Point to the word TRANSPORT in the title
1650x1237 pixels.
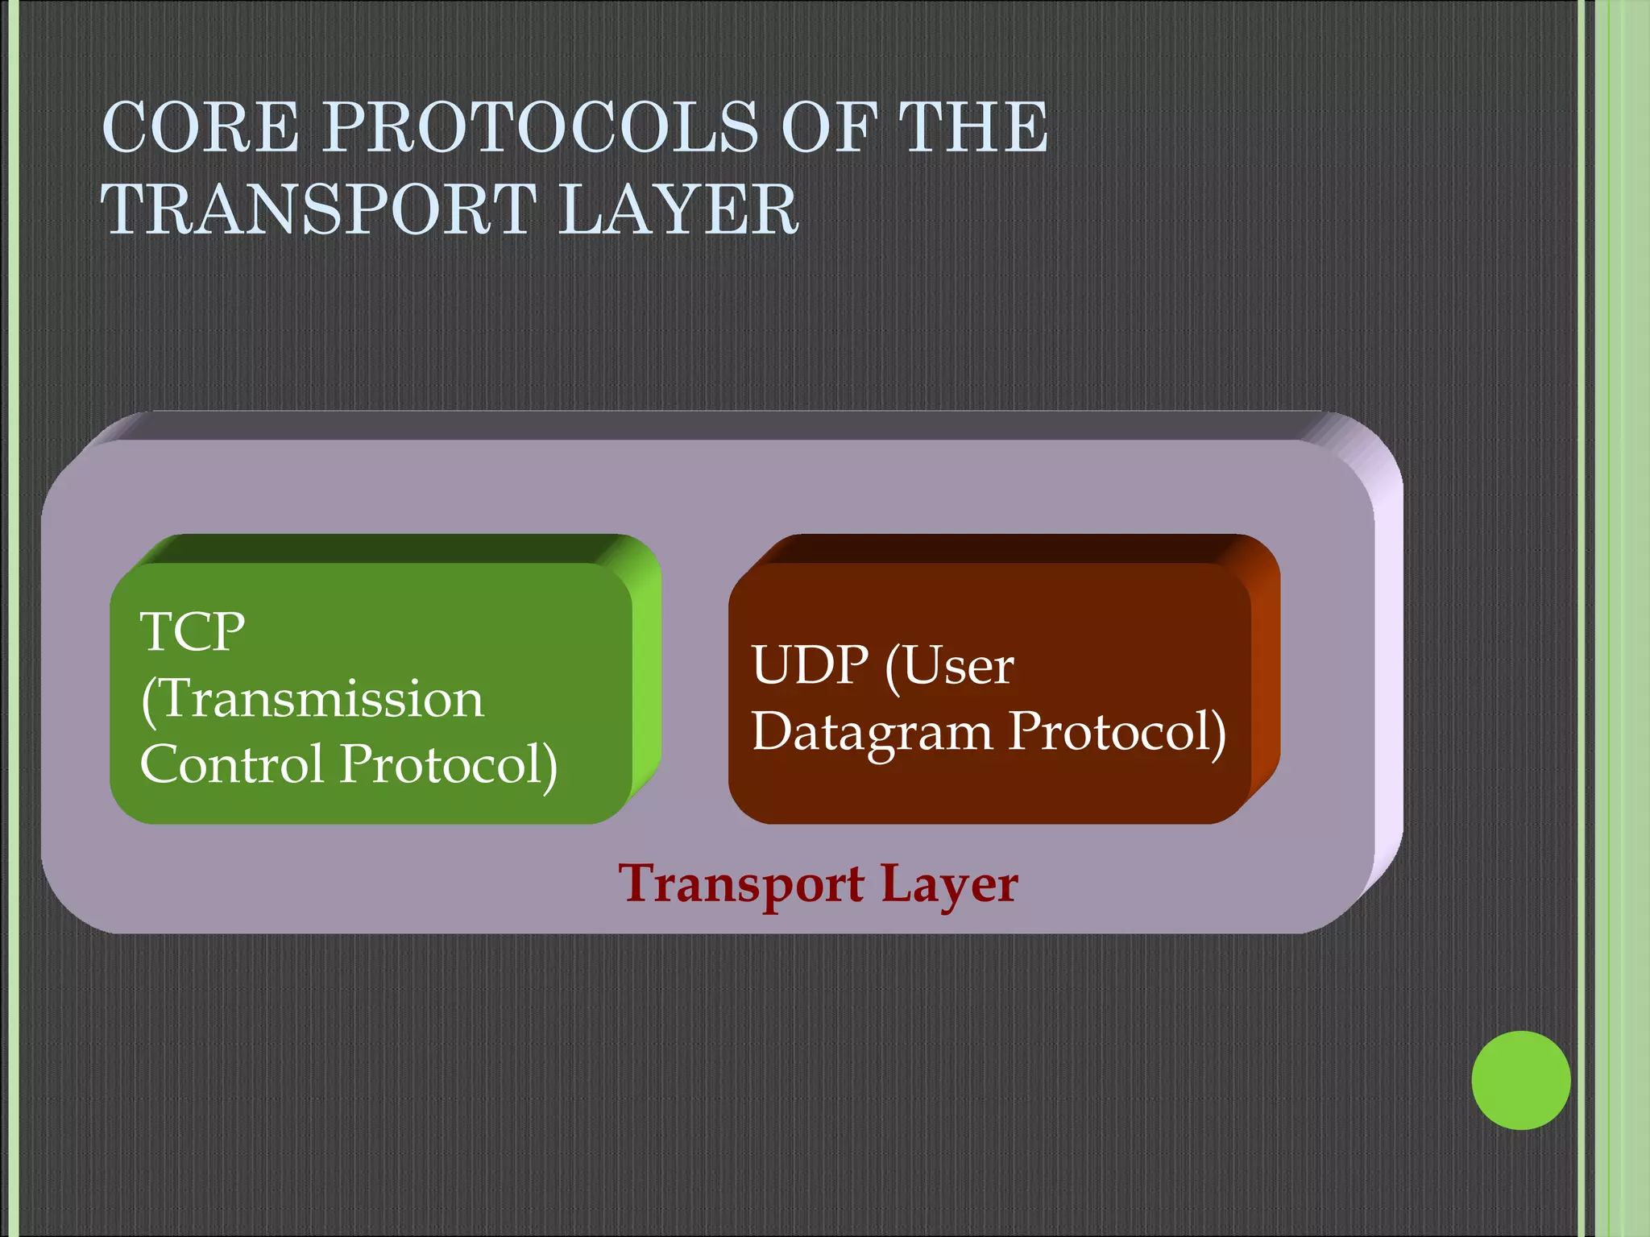coord(319,209)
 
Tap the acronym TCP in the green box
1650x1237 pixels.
coord(192,632)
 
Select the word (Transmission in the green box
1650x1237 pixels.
coord(313,699)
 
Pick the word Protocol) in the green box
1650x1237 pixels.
coord(448,765)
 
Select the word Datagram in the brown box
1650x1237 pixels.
coord(872,733)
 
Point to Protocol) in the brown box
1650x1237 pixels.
coord(1117,733)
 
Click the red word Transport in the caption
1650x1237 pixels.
coord(741,884)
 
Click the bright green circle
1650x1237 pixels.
coord(1520,1080)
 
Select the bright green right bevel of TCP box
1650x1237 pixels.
coord(646,676)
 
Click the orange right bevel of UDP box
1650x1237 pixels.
coord(1265,676)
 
